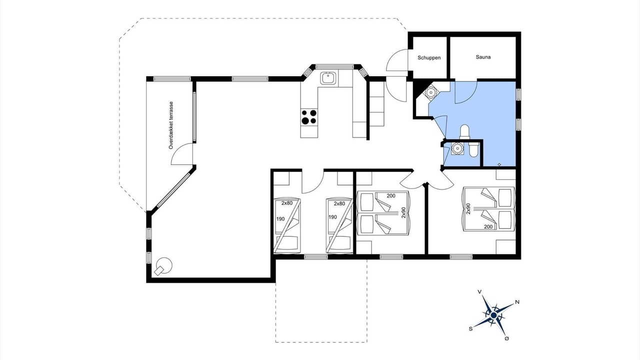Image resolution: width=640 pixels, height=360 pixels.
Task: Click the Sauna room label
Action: coord(483,57)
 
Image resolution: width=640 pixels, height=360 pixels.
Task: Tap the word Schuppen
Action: coord(429,57)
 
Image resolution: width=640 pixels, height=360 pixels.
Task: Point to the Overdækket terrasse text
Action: coord(171,125)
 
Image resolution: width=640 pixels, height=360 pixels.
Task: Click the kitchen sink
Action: coord(328,78)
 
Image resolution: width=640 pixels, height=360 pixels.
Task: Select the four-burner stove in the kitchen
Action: coord(309,117)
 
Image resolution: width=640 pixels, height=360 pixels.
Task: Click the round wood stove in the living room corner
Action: coord(163,266)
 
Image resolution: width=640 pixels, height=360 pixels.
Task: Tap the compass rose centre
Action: coord(493,315)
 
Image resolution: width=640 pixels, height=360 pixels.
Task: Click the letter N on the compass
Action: coord(517,302)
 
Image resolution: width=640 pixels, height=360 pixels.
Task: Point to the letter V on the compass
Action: coord(479,291)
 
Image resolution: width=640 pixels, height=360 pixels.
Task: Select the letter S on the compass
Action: coord(470,329)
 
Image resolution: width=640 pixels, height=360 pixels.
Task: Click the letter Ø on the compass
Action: coord(507,338)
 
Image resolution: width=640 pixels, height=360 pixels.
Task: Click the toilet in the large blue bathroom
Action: coord(464,132)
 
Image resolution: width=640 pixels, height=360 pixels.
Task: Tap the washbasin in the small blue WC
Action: coord(457,148)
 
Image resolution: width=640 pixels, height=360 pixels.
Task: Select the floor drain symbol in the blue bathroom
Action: coord(499,164)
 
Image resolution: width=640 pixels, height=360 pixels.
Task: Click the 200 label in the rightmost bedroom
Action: coord(488,227)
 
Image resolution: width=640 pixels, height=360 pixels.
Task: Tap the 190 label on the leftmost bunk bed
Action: coord(280,219)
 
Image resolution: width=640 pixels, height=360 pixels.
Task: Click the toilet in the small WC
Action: coord(473,149)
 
